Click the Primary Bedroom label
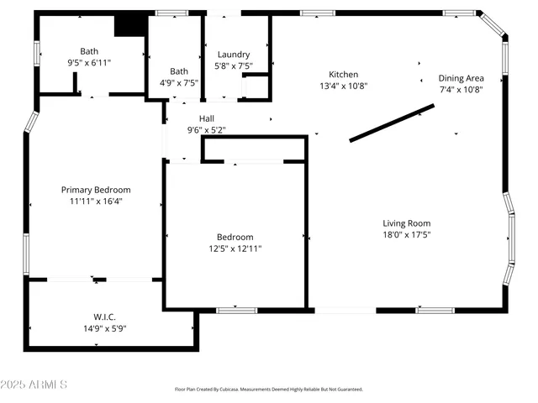point(95,190)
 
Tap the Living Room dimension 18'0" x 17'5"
point(407,235)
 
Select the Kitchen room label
point(343,75)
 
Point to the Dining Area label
point(461,78)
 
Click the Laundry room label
point(233,55)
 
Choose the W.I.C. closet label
point(104,317)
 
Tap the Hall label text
point(206,118)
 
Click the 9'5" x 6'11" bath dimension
point(89,62)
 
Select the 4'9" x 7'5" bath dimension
point(179,83)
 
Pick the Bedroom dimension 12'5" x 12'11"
point(235,249)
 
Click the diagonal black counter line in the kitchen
point(392,123)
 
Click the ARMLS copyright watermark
point(34,385)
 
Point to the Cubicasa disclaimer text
point(268,390)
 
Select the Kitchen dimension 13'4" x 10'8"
point(343,86)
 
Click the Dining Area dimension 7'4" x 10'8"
point(461,90)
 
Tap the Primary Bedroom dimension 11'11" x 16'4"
point(95,201)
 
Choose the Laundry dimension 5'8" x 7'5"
point(233,66)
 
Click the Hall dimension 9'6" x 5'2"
point(206,130)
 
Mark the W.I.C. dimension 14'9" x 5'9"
point(104,328)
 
